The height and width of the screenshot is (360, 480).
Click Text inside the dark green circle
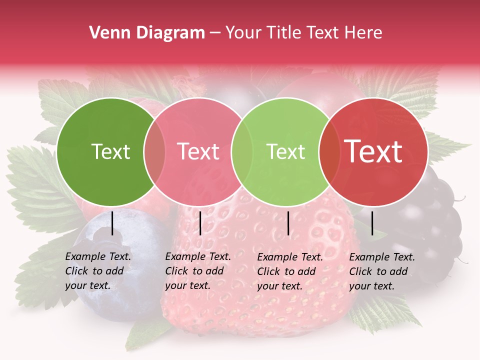tap(110, 151)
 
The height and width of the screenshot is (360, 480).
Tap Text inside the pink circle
tap(198, 151)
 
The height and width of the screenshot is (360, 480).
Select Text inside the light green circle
tap(285, 151)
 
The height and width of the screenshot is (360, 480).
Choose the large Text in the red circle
tap(373, 151)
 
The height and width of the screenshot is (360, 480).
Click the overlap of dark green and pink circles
tap(154, 152)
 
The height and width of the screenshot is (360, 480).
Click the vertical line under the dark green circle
tap(112, 223)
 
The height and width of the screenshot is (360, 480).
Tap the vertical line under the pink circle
tap(200, 223)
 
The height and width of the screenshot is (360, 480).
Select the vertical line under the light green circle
tap(288, 223)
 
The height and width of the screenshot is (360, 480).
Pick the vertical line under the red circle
tap(372, 223)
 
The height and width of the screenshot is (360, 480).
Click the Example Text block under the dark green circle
tap(98, 271)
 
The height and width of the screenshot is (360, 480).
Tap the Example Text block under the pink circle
tap(198, 271)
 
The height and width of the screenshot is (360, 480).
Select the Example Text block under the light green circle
tap(290, 271)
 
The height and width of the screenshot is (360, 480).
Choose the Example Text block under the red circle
tap(382, 271)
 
